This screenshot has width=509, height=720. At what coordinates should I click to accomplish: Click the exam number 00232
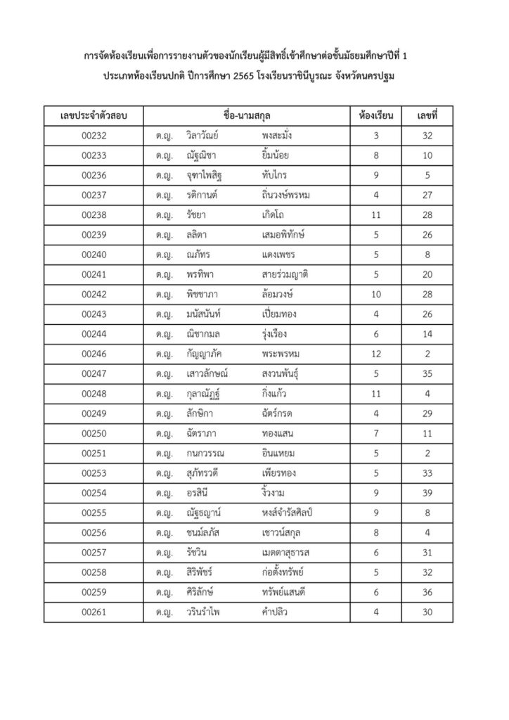point(94,135)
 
